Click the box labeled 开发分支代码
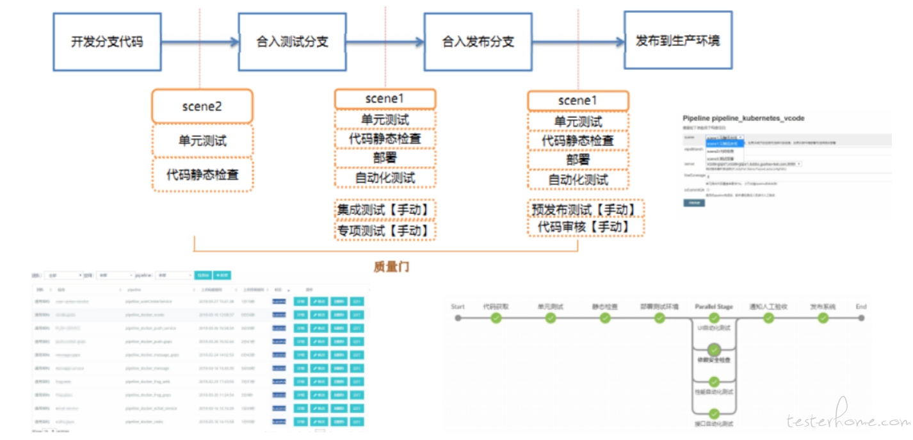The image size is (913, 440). tap(106, 42)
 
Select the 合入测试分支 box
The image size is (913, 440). tap(292, 42)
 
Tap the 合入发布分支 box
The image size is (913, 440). tap(478, 42)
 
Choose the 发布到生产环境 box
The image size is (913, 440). tap(677, 40)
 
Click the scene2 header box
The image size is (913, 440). tap(202, 106)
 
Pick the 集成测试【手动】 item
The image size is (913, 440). tap(385, 209)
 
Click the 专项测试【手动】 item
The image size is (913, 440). tap(385, 230)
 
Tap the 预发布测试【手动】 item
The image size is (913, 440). tap(585, 209)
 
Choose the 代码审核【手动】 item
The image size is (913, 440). tap(585, 226)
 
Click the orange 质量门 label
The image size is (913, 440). tap(391, 266)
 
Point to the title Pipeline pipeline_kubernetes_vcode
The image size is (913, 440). tap(743, 118)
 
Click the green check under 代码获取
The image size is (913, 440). tap(496, 318)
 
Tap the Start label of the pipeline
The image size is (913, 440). tap(457, 307)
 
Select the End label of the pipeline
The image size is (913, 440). tap(861, 307)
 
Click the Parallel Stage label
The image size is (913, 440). tap(714, 307)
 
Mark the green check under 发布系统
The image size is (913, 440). tap(823, 318)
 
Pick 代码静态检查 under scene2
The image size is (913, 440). tap(202, 174)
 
